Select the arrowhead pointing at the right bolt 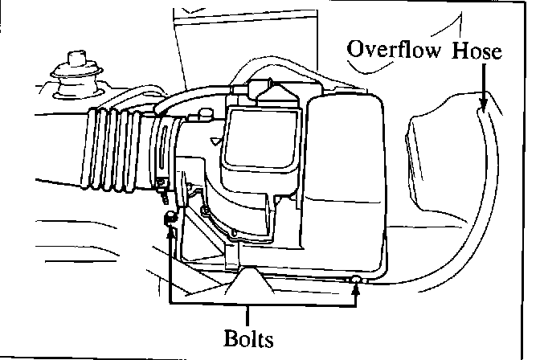click(356, 284)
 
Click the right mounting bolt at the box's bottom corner click(356, 278)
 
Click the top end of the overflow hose click(481, 112)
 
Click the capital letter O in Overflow click(355, 50)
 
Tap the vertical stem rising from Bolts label click(247, 313)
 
